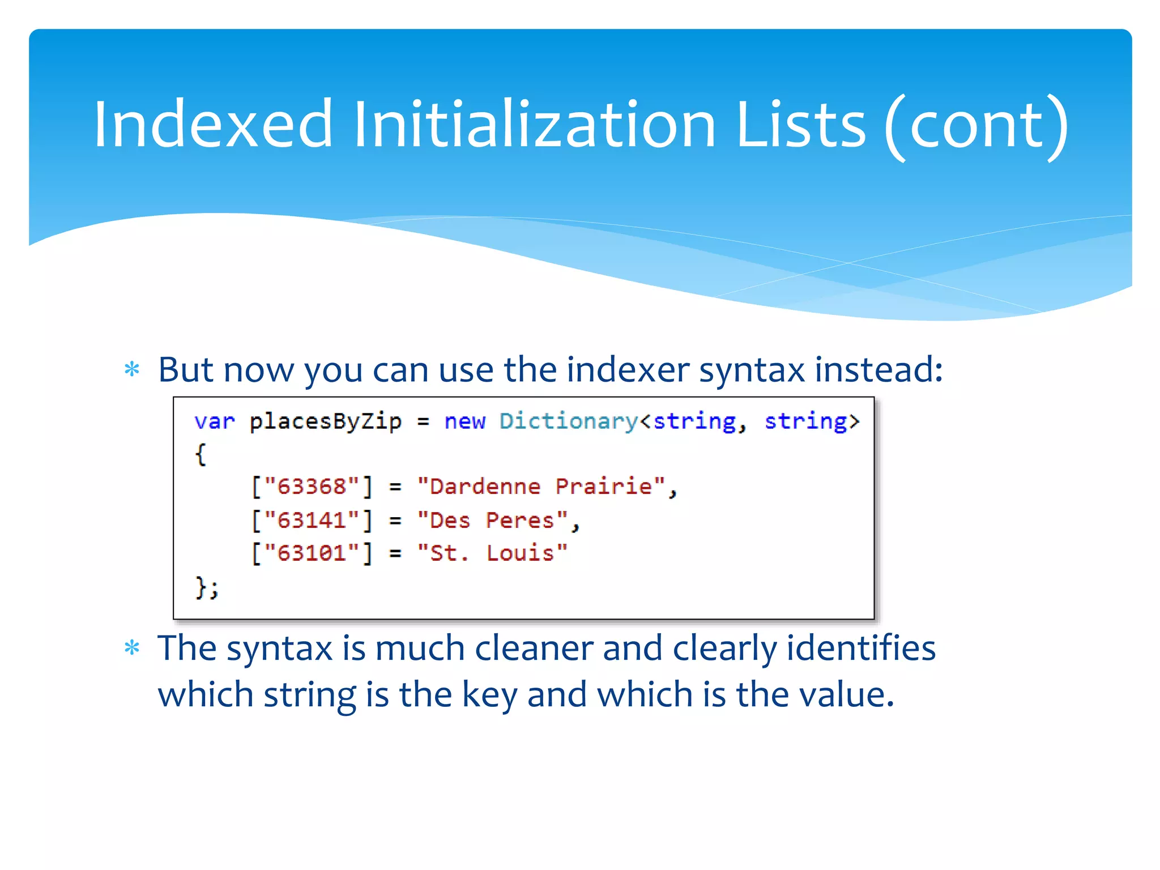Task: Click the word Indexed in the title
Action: (213, 124)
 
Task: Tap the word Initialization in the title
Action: (535, 124)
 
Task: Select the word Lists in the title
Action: (801, 124)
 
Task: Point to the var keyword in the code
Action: (214, 421)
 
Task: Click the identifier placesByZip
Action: (325, 421)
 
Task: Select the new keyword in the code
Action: (464, 421)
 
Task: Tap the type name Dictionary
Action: (569, 421)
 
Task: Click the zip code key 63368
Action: (312, 487)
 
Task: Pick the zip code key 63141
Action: (312, 520)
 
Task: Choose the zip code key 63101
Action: (312, 553)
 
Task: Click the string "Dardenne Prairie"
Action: (540, 487)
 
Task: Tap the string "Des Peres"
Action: (492, 520)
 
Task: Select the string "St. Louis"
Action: (492, 553)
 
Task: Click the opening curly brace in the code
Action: (201, 454)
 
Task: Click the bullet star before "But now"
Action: (132, 370)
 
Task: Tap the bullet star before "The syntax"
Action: (132, 647)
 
